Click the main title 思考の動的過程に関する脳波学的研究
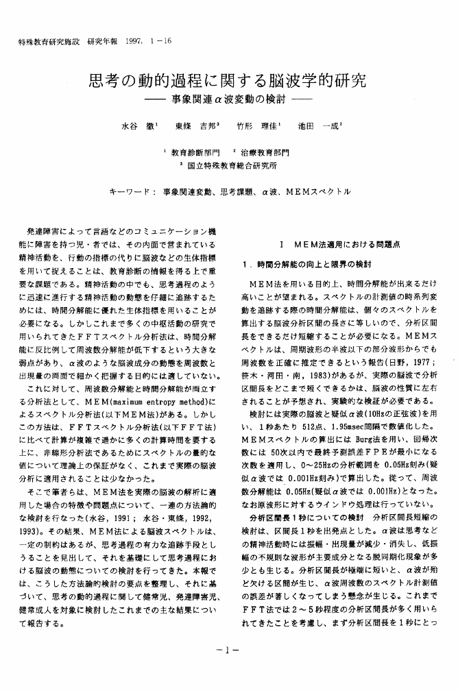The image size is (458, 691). pyautogui.click(x=228, y=82)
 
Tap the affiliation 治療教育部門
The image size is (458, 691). pyautogui.click(x=265, y=152)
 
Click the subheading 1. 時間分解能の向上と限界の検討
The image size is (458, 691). pyautogui.click(x=306, y=264)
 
